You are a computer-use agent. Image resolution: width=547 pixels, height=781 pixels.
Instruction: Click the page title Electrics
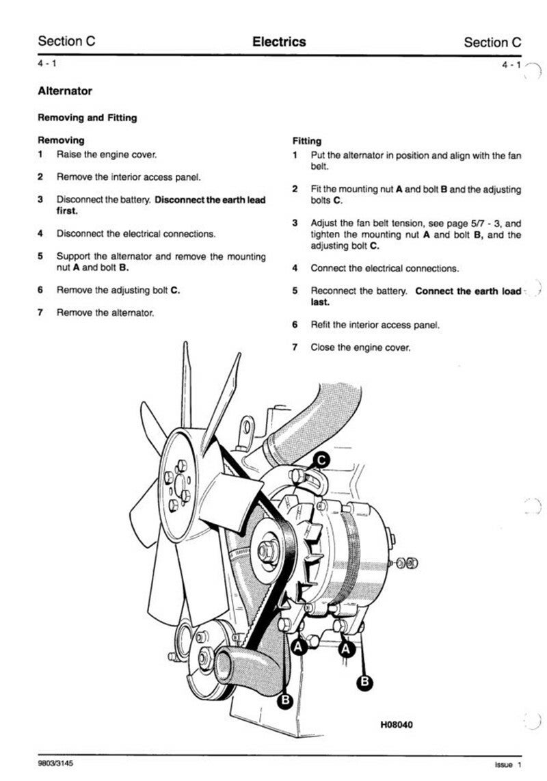pyautogui.click(x=279, y=42)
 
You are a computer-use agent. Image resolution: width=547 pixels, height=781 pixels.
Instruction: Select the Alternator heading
pyautogui.click(x=65, y=91)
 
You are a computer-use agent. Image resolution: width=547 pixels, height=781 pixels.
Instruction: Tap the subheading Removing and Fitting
pyautogui.click(x=87, y=118)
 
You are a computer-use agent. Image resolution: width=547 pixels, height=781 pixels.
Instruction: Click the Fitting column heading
pyautogui.click(x=306, y=141)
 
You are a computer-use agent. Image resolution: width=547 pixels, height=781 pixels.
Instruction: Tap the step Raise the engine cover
pyautogui.click(x=106, y=155)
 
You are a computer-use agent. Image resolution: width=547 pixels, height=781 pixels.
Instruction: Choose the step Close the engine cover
pyautogui.click(x=360, y=347)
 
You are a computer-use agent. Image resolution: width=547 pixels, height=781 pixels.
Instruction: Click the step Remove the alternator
pyautogui.click(x=105, y=313)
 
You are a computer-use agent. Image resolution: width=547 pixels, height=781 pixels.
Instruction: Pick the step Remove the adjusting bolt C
pyautogui.click(x=118, y=290)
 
